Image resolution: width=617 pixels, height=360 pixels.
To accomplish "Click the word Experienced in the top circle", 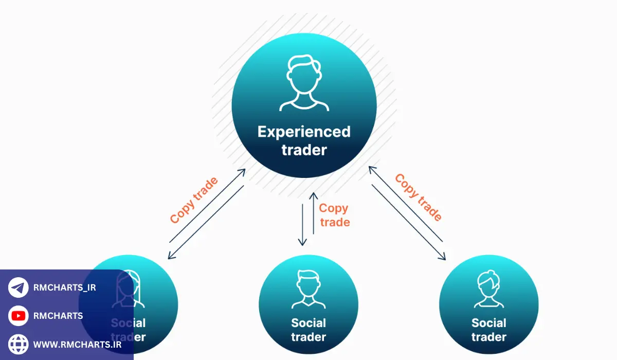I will tap(304, 132).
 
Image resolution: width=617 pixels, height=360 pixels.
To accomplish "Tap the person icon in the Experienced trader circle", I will tap(304, 83).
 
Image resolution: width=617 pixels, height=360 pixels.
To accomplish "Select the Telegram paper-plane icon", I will tap(19, 287).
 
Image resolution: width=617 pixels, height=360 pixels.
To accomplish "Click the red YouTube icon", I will tap(19, 316).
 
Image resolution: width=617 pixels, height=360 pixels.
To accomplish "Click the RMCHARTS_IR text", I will tap(64, 287).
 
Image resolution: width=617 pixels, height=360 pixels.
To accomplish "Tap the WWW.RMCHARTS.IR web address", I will tap(77, 344).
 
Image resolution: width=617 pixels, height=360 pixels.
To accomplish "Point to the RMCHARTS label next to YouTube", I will tap(58, 316).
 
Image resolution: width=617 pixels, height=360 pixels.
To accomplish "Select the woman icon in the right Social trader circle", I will tap(488, 290).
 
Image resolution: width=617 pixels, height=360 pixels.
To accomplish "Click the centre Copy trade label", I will tap(334, 215).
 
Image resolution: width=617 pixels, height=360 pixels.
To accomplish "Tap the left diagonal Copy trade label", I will tap(194, 200).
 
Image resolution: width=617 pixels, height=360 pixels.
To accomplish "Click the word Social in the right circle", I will tap(488, 323).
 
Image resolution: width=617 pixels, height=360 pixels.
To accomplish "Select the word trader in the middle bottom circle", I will tap(308, 337).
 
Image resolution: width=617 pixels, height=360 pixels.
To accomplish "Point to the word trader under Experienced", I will tap(304, 150).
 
